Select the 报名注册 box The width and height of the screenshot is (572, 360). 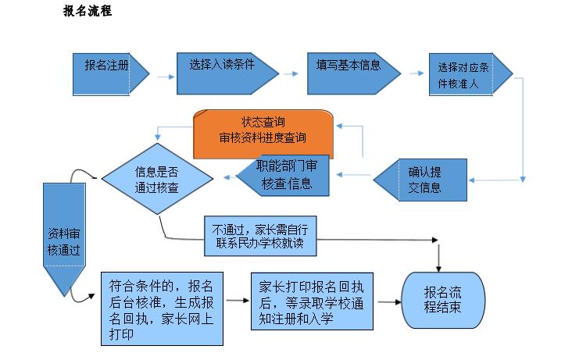coord(106,67)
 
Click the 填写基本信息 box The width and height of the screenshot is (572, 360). coord(347,68)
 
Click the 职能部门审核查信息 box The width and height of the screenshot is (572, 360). coord(285,175)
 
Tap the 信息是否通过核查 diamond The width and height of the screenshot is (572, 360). coord(157,179)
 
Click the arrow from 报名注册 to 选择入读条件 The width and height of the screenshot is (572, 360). coord(164,77)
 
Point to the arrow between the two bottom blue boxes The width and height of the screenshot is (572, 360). coord(238,301)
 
